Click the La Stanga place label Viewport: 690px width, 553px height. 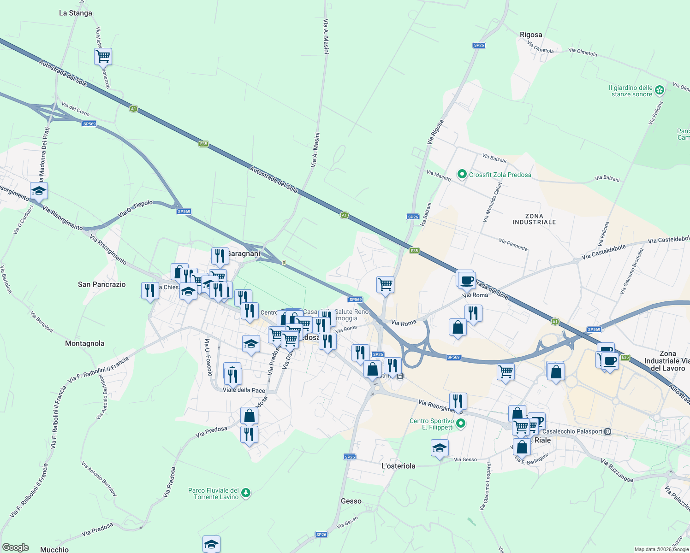[x=76, y=13]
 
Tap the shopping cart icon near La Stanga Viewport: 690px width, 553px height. [x=103, y=57]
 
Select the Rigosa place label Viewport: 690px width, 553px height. [x=531, y=35]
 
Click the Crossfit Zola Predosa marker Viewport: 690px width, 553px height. [x=462, y=174]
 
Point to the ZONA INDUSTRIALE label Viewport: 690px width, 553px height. [x=534, y=219]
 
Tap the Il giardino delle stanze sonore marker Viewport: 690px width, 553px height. [x=660, y=90]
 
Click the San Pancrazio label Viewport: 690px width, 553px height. [x=101, y=284]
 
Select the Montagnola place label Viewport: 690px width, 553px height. [x=84, y=343]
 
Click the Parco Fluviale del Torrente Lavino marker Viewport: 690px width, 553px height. [x=246, y=493]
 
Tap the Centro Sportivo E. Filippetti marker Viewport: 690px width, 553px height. [x=460, y=424]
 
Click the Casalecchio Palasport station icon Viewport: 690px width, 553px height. [x=608, y=431]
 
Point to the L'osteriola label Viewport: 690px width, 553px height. [x=399, y=466]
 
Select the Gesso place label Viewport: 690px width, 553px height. [x=351, y=501]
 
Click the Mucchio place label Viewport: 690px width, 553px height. [x=54, y=549]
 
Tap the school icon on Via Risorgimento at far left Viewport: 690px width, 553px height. [x=39, y=191]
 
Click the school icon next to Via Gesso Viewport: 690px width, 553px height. [x=440, y=447]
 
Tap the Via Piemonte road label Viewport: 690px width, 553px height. [x=513, y=244]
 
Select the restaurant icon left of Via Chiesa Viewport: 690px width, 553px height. [x=149, y=291]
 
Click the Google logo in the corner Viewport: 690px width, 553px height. [x=15, y=547]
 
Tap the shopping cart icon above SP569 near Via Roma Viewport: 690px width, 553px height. [x=385, y=284]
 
